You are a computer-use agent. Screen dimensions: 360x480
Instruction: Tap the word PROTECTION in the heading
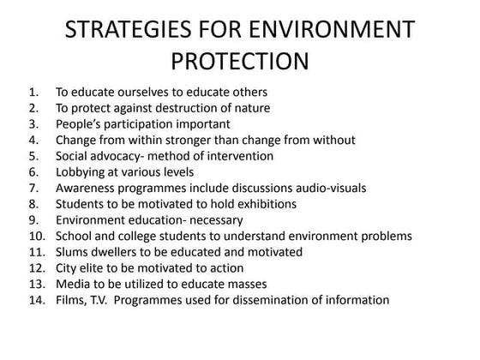pyautogui.click(x=240, y=63)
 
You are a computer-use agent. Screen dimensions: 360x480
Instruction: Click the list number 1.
pyautogui.click(x=33, y=92)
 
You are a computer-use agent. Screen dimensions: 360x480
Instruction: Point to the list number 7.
pyautogui.click(x=33, y=188)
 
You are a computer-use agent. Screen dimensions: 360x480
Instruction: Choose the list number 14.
pyautogui.click(x=36, y=300)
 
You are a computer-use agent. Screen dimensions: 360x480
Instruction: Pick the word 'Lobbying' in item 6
pyautogui.click(x=81, y=171)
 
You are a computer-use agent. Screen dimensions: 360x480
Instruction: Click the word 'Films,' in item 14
pyautogui.click(x=73, y=300)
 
